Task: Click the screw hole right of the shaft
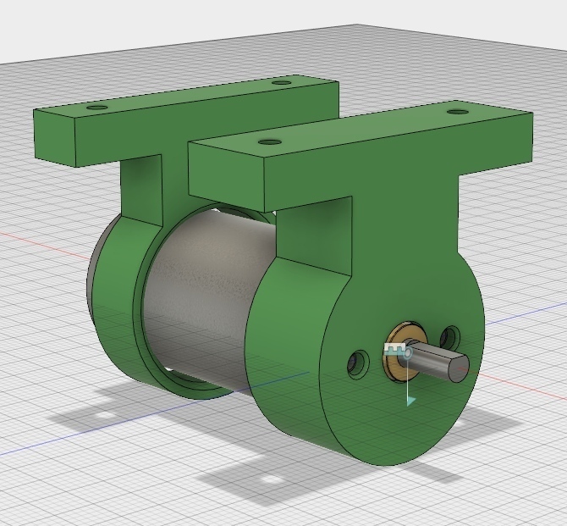pos(450,338)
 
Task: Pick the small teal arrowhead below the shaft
pos(410,400)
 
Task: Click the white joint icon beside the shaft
pos(394,348)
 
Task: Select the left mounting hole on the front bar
pos(269,142)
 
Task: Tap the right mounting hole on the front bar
pos(457,112)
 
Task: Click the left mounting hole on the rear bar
pos(97,108)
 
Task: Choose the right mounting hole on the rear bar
pos(281,82)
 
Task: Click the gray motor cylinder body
pos(212,288)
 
